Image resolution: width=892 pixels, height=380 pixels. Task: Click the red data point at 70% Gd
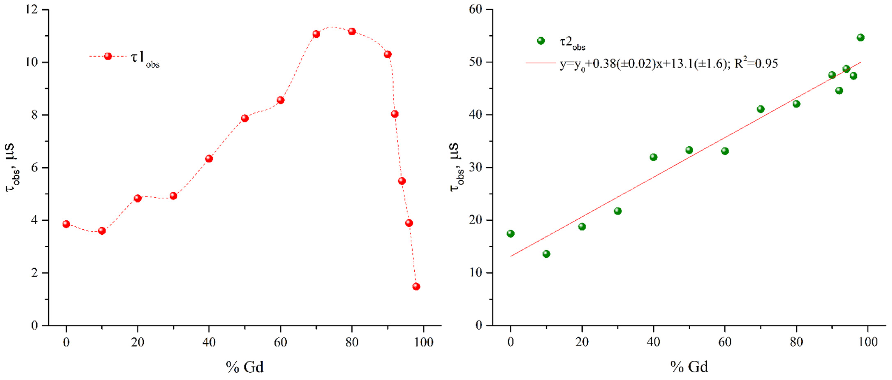(316, 34)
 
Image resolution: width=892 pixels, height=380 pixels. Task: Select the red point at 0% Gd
(66, 224)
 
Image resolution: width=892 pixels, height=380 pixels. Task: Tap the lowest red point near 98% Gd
(416, 286)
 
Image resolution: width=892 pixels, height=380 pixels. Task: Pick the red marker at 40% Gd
(209, 159)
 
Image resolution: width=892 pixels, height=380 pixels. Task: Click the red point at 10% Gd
(102, 231)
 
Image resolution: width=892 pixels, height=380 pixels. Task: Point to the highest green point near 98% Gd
(861, 37)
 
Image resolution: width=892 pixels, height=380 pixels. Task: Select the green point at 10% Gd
(546, 254)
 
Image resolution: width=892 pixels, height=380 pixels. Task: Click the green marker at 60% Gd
(725, 151)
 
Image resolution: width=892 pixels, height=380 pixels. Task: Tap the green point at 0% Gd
(510, 233)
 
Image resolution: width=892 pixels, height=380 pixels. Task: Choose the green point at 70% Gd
(760, 109)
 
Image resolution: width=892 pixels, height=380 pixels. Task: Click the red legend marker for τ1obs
(108, 56)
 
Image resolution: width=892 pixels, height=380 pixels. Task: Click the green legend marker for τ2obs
(540, 41)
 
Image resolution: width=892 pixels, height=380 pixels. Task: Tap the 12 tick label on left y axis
(31, 9)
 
